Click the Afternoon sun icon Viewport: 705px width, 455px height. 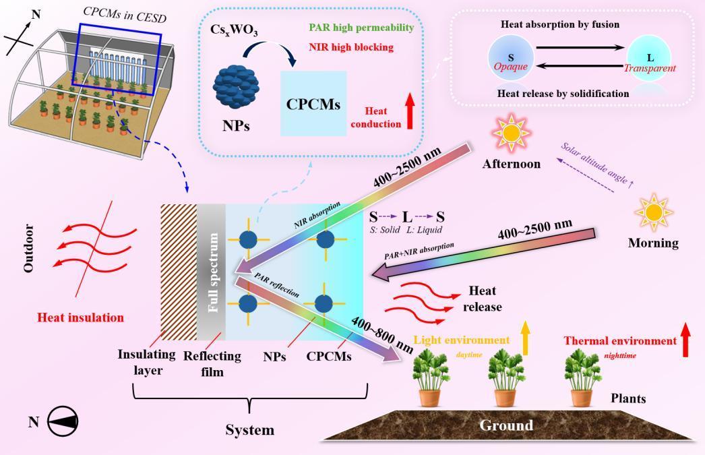512,133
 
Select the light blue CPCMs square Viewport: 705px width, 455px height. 313,105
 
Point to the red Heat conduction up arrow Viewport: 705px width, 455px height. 409,111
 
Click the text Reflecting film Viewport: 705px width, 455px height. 212,363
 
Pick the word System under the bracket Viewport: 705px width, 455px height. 250,429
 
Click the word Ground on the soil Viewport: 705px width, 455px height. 505,425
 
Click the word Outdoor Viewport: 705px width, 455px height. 28,248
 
